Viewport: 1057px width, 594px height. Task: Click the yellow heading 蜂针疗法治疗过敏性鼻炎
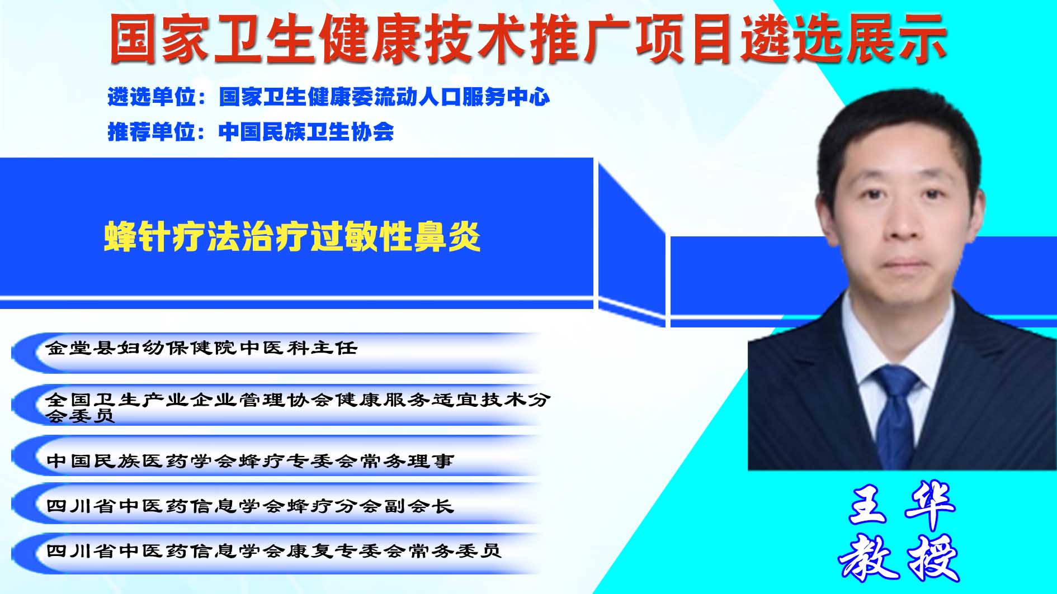[292, 237]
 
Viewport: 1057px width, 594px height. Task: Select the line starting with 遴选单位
[329, 97]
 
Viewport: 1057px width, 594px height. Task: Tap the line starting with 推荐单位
[251, 132]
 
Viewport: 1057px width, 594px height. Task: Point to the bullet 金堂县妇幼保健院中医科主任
[201, 348]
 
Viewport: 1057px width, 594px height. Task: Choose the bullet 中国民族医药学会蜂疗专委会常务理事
[250, 460]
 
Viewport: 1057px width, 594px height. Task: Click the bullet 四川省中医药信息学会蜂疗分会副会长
[250, 506]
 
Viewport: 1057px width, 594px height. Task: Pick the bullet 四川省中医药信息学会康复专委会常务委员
[273, 551]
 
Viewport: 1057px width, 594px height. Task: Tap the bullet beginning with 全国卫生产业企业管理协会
[298, 407]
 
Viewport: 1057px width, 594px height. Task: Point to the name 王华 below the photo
[902, 506]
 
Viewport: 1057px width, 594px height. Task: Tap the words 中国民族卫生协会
[306, 132]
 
